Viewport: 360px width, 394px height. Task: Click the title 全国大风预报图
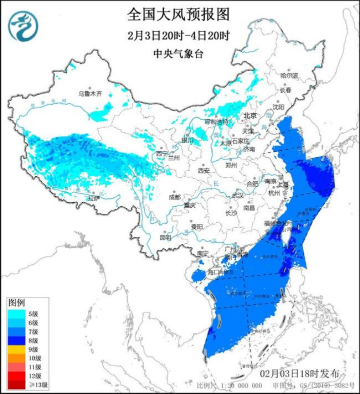(x=178, y=15)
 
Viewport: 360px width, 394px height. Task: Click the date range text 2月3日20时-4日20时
(x=178, y=36)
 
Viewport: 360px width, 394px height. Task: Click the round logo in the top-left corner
(x=22, y=26)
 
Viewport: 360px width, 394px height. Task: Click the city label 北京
(x=249, y=116)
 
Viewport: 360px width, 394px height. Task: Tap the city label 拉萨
(x=94, y=199)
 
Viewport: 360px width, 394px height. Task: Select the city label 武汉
(x=237, y=195)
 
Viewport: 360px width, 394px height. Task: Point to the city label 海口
(x=214, y=272)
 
